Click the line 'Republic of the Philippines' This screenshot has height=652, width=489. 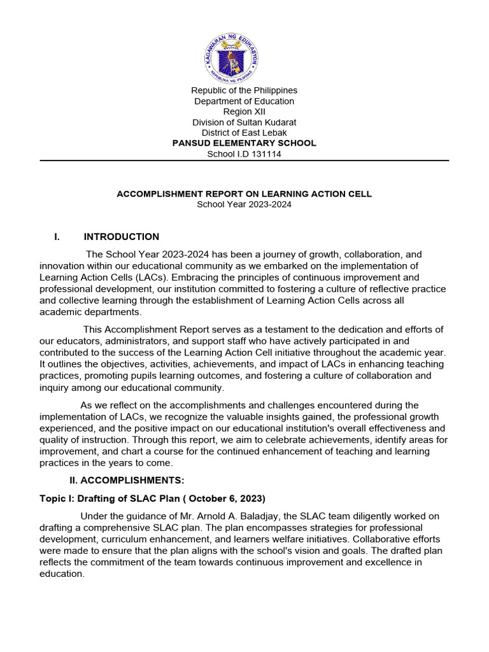coord(244,90)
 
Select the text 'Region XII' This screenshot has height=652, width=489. coord(244,111)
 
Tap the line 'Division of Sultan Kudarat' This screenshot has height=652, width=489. coord(244,122)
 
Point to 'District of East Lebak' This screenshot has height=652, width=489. coord(244,132)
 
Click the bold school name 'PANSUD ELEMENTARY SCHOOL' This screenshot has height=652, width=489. coord(244,143)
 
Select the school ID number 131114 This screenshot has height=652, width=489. coord(267,154)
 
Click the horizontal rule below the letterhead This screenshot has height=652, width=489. coord(244,160)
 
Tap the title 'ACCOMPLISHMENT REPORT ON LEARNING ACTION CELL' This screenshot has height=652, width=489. coord(244,194)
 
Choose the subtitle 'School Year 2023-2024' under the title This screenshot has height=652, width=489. coord(244,204)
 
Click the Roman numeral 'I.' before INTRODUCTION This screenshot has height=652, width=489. coord(57,237)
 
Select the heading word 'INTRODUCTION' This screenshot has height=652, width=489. coord(122,237)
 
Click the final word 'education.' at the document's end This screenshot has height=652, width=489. coord(62,574)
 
